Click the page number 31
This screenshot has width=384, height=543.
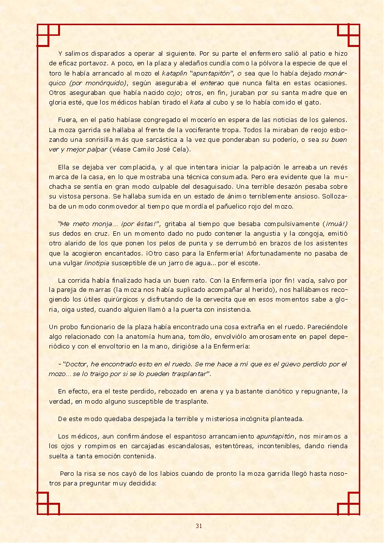point(199,526)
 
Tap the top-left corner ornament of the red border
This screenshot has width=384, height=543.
point(48,35)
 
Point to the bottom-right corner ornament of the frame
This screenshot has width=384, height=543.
point(348,503)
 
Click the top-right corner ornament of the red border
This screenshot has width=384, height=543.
point(348,35)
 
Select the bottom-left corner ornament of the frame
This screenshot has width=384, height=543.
point(48,503)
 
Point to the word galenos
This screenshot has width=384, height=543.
point(335,120)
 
